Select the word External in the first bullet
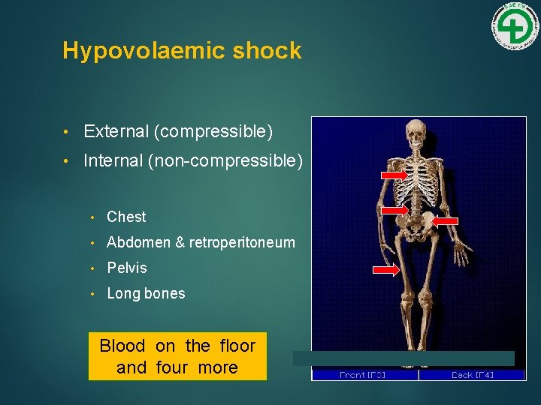point(116,132)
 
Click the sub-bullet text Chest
point(126,217)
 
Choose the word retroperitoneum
point(242,242)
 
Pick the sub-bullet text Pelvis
point(127,268)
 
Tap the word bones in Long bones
point(166,293)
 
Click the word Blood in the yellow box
point(122,346)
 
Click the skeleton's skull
point(415,136)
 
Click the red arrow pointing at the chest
point(394,175)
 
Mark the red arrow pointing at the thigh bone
point(386,270)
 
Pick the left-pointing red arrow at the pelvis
point(449,220)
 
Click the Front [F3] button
point(364,374)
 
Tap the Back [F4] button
point(472,374)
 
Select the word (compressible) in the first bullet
point(213,132)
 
